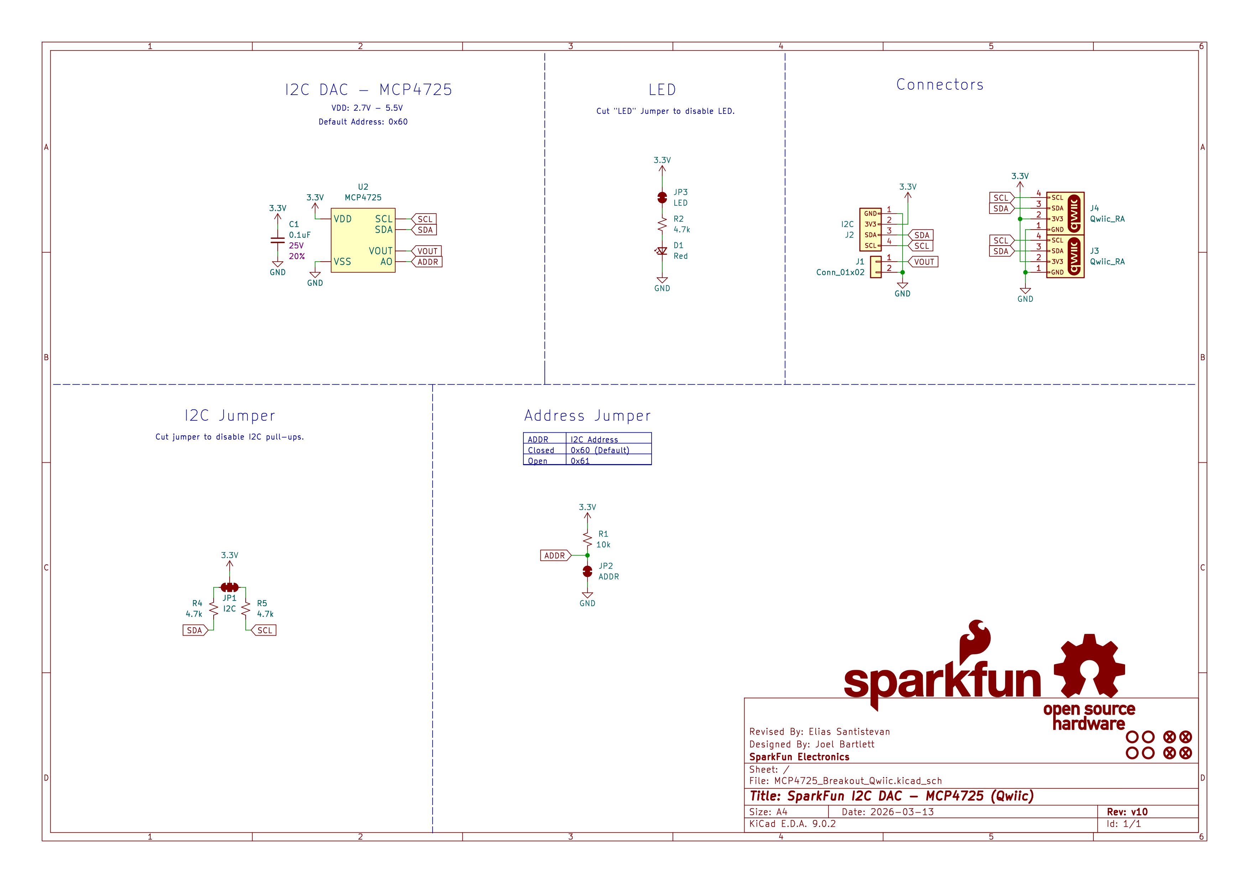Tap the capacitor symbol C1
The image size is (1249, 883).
[277, 240]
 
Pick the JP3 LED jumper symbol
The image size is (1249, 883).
[662, 198]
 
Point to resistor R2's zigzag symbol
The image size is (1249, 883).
[662, 224]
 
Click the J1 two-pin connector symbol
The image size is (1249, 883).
[876, 267]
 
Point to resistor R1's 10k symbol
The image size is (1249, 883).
[587, 539]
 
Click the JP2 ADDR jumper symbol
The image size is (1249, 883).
[587, 571]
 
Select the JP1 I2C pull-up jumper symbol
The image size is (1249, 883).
[230, 587]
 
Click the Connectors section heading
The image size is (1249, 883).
[940, 85]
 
